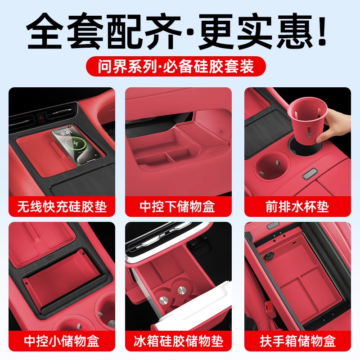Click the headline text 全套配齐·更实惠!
[x=176, y=31]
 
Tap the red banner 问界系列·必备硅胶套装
[x=176, y=66]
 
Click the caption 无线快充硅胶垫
[x=62, y=207]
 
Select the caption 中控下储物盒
[x=177, y=207]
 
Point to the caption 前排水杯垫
[x=297, y=207]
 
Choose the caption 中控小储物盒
[x=62, y=341]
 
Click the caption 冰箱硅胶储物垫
[x=178, y=341]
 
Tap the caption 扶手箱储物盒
[x=298, y=341]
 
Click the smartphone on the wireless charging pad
[x=76, y=145]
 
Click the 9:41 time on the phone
[x=66, y=133]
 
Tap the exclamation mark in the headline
[x=322, y=30]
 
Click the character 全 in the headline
[x=44, y=31]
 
